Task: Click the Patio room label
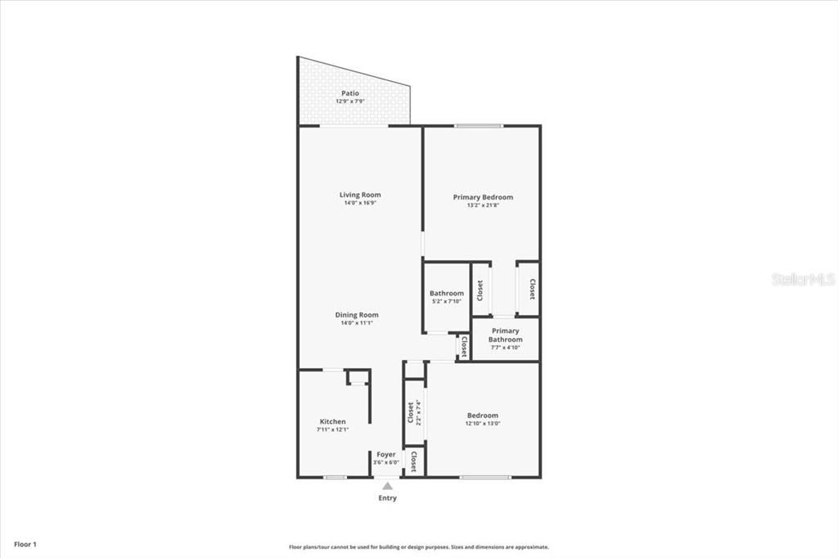click(350, 93)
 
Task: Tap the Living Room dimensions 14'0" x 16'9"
click(361, 203)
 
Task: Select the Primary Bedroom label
click(483, 197)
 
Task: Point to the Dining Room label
click(357, 315)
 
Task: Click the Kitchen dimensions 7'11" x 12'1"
click(332, 430)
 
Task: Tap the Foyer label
click(386, 454)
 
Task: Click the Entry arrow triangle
click(387, 486)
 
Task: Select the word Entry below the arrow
click(387, 498)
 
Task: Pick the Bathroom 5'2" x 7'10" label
click(447, 294)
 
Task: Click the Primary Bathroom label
click(506, 335)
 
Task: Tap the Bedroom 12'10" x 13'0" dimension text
click(483, 424)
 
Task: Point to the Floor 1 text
click(25, 544)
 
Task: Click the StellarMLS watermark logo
click(802, 279)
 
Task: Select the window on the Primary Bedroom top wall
click(479, 126)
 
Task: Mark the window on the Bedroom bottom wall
click(484, 477)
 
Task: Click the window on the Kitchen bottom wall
click(334, 477)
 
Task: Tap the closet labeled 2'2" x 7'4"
click(414, 412)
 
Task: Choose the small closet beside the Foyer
click(414, 461)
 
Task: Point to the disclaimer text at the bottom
click(418, 547)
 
